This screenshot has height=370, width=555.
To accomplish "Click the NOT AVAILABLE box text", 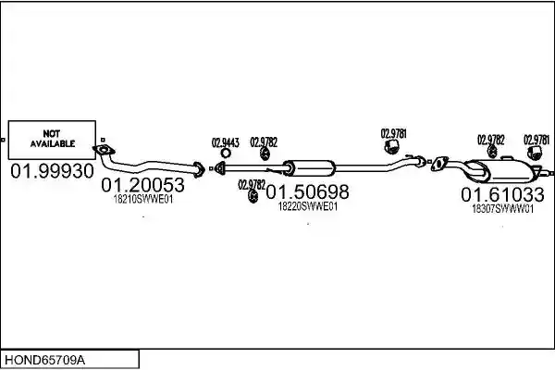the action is tap(53, 139).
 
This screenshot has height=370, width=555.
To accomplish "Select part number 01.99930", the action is tap(52, 171).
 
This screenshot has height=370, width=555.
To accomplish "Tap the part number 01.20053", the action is tap(143, 185).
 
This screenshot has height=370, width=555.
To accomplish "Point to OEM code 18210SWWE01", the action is tap(143, 200).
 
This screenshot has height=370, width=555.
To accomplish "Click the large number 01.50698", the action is tap(307, 191).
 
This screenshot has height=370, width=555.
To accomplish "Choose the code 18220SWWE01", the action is tap(308, 206).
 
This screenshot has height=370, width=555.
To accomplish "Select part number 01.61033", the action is tap(502, 195).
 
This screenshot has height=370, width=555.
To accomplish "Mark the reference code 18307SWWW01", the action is tap(502, 209).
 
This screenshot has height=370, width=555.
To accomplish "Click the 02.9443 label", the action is tap(226, 142).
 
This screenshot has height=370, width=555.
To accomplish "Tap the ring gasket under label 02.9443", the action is tap(226, 153).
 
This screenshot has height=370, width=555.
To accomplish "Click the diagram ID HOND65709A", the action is tap(44, 361).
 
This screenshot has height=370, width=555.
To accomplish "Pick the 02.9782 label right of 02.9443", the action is tap(264, 142).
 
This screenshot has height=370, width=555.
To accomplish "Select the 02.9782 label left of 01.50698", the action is tap(252, 185).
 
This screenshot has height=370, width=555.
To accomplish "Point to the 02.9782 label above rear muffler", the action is tap(491, 140).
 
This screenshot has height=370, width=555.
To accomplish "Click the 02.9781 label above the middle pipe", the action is tap(394, 133).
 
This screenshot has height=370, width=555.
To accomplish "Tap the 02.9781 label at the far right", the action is tap(536, 140).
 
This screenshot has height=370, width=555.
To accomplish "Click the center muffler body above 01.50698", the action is tap(309, 168).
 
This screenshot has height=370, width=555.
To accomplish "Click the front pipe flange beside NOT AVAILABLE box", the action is tap(104, 150).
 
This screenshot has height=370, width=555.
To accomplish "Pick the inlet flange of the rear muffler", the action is tap(439, 164).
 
